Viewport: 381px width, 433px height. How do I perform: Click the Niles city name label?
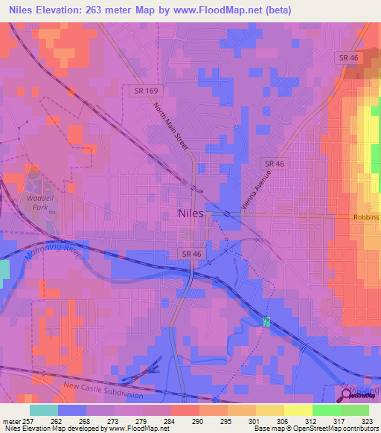coord(196,213)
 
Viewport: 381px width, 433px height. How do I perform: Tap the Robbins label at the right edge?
coord(365,217)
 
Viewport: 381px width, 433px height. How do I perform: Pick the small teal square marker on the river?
coord(266,321)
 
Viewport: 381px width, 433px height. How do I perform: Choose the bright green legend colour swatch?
coord(326,409)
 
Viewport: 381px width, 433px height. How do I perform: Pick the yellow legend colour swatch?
coord(298,409)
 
